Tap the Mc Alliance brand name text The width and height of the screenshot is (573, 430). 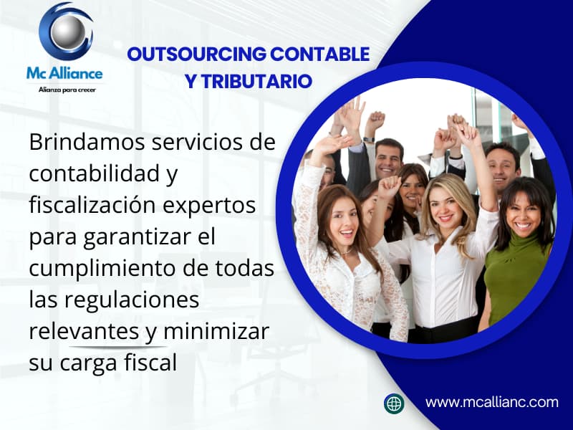pyautogui.click(x=65, y=73)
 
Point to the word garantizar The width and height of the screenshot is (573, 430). pyautogui.click(x=155, y=236)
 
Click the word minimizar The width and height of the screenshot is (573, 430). pyautogui.click(x=216, y=332)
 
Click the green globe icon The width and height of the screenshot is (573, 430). pyautogui.click(x=394, y=403)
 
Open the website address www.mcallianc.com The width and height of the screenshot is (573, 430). pyautogui.click(x=491, y=403)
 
